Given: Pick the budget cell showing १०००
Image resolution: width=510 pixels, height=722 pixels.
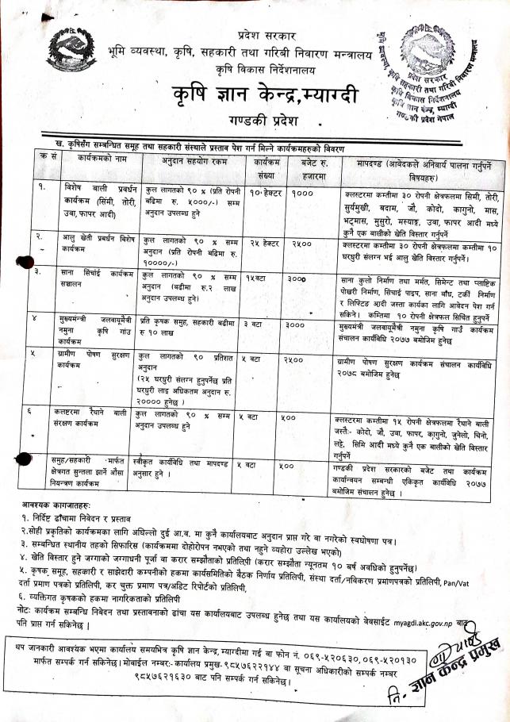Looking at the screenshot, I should (x=303, y=194).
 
